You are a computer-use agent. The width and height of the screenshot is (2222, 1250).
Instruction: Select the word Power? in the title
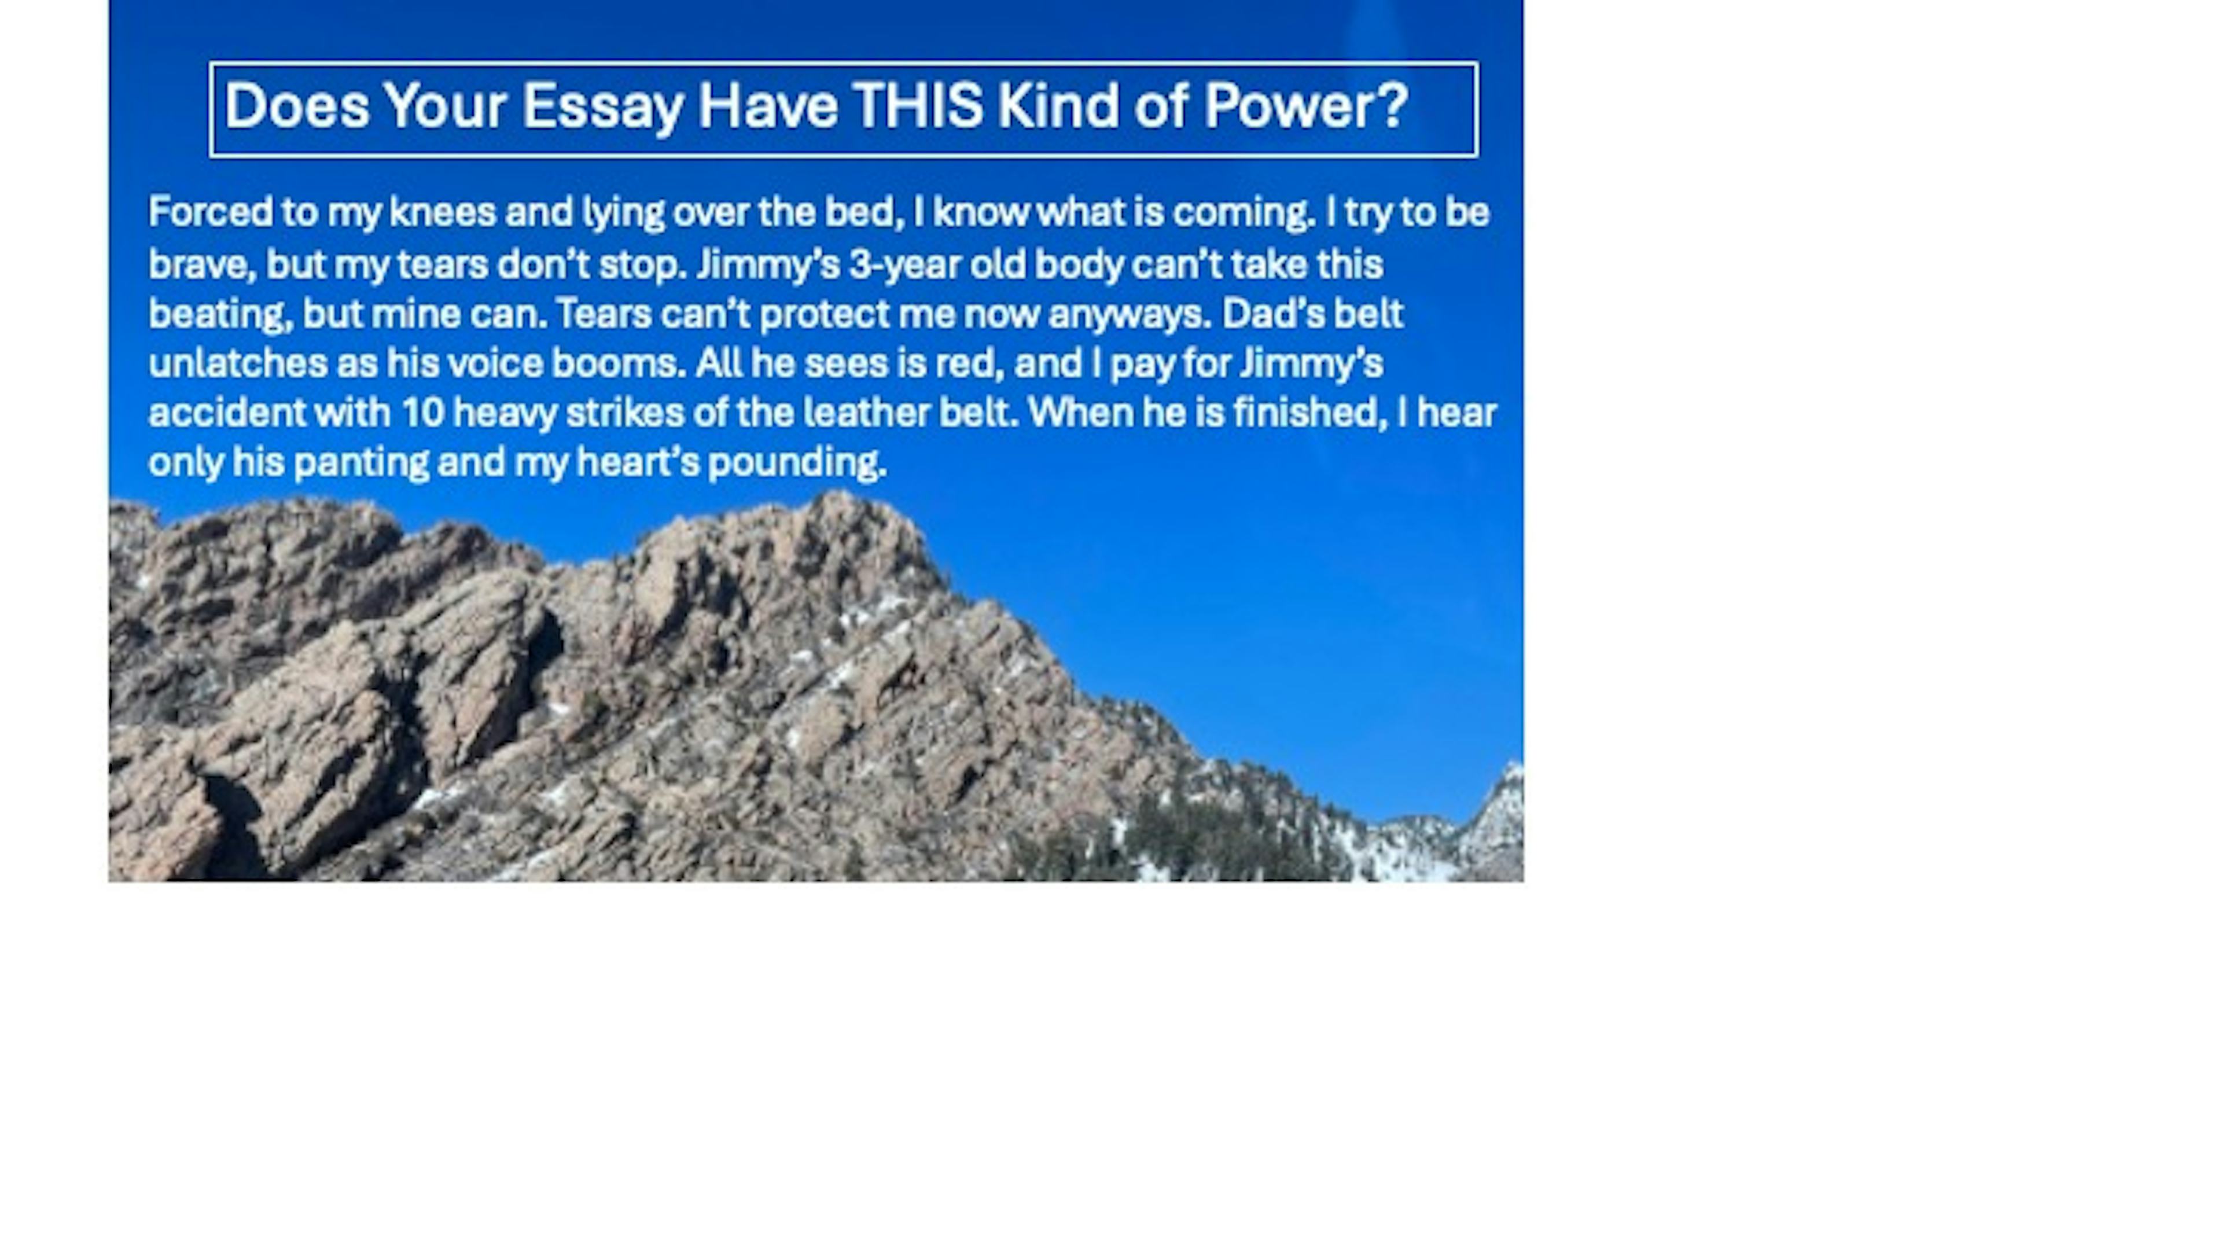click(x=1305, y=106)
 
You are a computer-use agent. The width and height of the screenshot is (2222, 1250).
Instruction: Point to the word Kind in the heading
click(x=1058, y=106)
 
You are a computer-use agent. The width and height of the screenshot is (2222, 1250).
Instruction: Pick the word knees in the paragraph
click(x=443, y=212)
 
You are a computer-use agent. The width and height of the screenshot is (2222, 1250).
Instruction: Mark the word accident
click(x=227, y=413)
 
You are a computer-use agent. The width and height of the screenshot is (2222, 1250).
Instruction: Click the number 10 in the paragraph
click(x=422, y=413)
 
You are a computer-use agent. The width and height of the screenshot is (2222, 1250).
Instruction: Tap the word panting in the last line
click(x=360, y=462)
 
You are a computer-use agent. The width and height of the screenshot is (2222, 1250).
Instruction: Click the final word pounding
click(x=797, y=462)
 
